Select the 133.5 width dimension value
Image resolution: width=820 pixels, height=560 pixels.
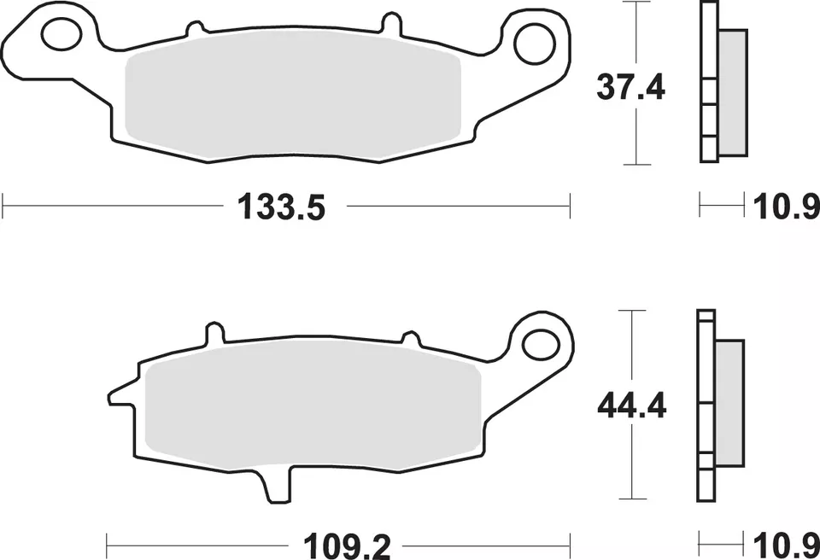pos(281,207)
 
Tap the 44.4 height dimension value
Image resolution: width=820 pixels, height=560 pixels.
pos(631,405)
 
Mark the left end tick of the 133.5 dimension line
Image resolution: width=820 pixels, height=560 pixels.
pos(4,206)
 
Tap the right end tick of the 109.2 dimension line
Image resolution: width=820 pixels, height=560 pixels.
pos(570,541)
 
